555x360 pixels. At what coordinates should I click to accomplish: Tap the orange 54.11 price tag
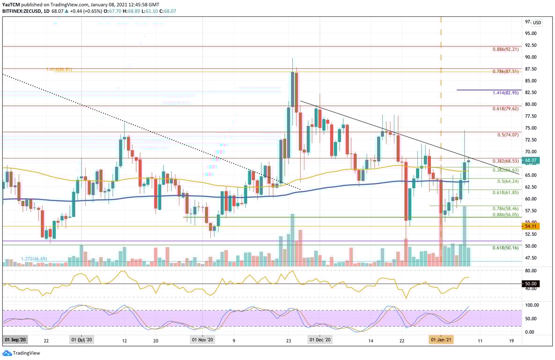click(x=531, y=226)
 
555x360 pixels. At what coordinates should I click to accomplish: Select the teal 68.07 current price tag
click(x=531, y=160)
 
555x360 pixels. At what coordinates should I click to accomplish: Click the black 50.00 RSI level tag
click(x=531, y=284)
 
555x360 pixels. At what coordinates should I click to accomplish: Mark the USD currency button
click(x=537, y=22)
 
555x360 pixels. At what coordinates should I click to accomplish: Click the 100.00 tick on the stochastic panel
click(x=531, y=305)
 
